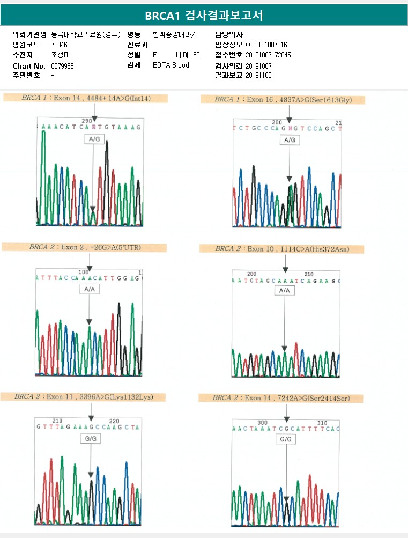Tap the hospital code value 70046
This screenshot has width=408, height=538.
click(60, 45)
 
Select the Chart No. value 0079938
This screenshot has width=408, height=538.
click(62, 65)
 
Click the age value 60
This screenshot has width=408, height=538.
click(196, 55)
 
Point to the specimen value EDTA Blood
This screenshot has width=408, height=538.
click(170, 65)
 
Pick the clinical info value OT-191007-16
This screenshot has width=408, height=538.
click(266, 45)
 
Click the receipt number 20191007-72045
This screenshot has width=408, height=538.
click(268, 55)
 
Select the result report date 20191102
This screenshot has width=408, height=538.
click(258, 76)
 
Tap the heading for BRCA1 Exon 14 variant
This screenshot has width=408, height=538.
click(86, 99)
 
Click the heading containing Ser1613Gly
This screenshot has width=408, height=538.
click(283, 100)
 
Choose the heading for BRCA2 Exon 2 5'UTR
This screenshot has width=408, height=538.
click(84, 247)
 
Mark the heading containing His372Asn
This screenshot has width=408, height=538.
click(281, 249)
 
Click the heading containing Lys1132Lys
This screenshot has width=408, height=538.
click(84, 397)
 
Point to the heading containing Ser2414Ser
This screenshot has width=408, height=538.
click(281, 398)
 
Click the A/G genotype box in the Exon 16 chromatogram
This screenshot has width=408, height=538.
click(289, 140)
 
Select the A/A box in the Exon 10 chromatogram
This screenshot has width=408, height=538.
click(285, 290)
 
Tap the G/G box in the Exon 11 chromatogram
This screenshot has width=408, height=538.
click(91, 438)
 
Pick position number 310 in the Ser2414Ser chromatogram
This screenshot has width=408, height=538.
click(322, 423)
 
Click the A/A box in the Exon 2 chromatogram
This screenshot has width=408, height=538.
click(89, 289)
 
